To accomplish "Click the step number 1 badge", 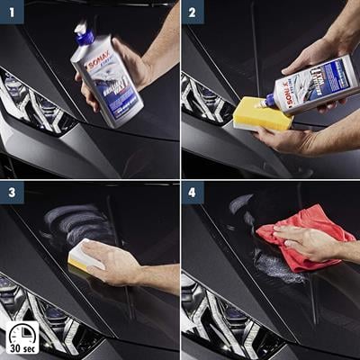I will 12,12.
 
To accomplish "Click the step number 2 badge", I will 193,12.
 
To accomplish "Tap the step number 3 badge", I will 12,193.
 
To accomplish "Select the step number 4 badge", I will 193,193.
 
